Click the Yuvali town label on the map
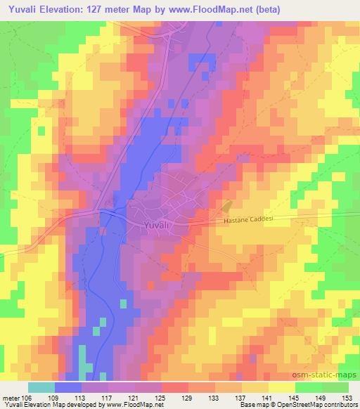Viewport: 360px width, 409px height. pos(155,225)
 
